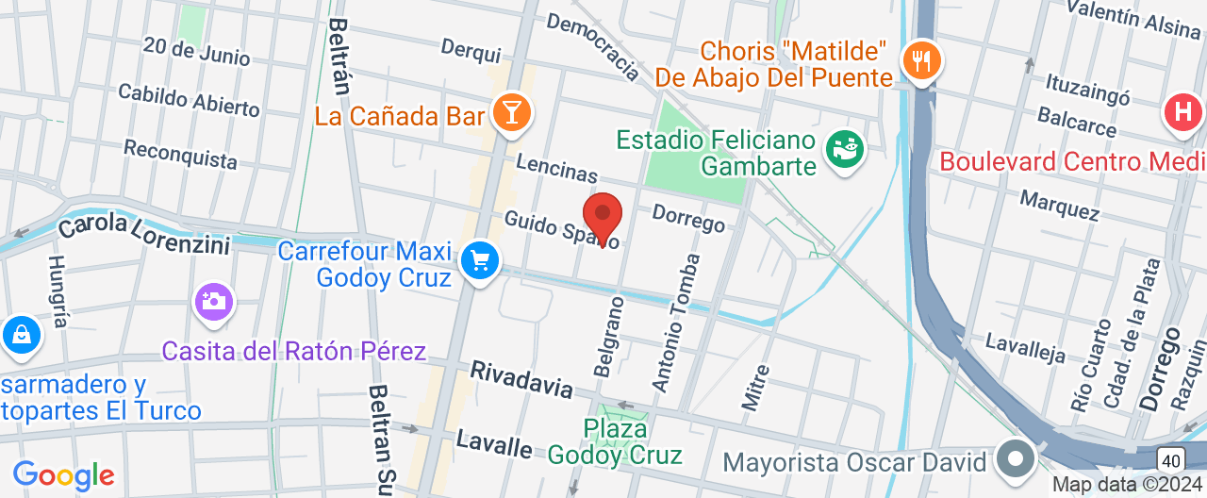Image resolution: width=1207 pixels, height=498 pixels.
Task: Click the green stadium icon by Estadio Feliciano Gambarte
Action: coord(844,148)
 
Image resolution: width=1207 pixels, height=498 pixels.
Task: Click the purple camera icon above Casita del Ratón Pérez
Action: coord(214,302)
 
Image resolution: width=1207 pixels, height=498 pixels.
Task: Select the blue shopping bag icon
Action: coord(19,335)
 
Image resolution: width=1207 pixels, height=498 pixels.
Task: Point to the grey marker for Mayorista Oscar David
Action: coord(1016,460)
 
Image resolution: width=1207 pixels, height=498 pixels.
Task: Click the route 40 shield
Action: coord(1170,459)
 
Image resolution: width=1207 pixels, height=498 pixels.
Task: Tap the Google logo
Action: coord(63,474)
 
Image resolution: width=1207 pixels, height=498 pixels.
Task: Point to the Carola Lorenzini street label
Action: coord(143,234)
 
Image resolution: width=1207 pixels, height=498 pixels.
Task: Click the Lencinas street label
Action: coord(556,168)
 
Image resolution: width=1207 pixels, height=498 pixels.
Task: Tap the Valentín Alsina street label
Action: coord(1133,19)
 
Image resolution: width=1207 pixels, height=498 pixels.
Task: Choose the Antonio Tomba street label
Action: coord(677,323)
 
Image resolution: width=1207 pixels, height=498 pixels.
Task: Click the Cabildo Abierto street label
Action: coord(189,99)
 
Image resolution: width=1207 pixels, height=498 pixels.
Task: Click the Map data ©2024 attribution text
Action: coord(1128,485)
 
